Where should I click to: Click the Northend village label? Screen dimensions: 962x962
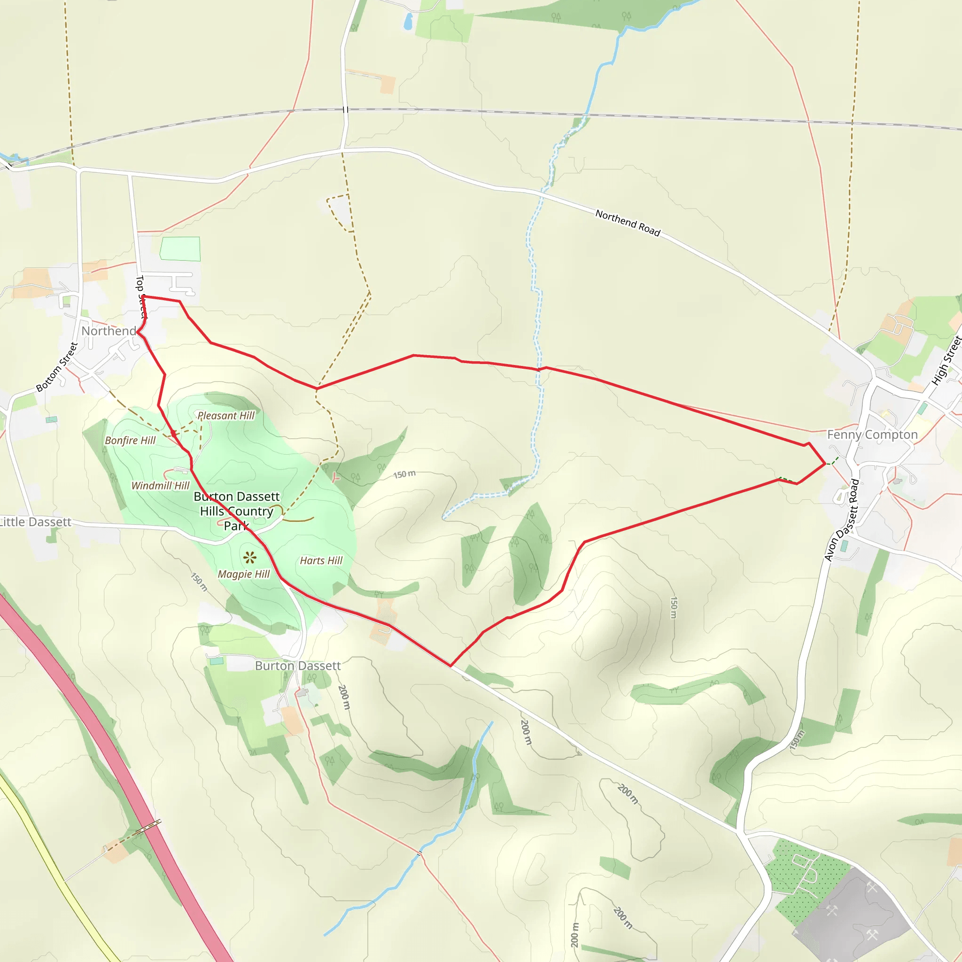[109, 331]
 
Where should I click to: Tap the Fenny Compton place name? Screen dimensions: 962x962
[872, 434]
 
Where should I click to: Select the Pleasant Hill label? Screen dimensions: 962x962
[226, 415]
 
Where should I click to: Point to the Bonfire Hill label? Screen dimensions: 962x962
[130, 440]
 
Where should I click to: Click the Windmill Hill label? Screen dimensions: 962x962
[160, 486]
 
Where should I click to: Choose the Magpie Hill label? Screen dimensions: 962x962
[243, 574]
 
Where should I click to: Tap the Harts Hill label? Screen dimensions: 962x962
[321, 561]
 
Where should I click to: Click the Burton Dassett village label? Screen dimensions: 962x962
[298, 666]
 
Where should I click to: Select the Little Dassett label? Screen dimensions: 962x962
[35, 522]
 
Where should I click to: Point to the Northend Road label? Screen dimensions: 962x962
[628, 223]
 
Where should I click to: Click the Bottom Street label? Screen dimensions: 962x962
[57, 367]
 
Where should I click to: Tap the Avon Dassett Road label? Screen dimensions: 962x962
[842, 520]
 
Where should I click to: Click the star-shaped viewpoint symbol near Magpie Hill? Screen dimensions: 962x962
[250, 557]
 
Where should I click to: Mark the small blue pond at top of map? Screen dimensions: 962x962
[408, 22]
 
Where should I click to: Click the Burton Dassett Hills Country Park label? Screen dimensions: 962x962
[237, 511]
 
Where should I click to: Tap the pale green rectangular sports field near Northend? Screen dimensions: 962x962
[180, 249]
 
